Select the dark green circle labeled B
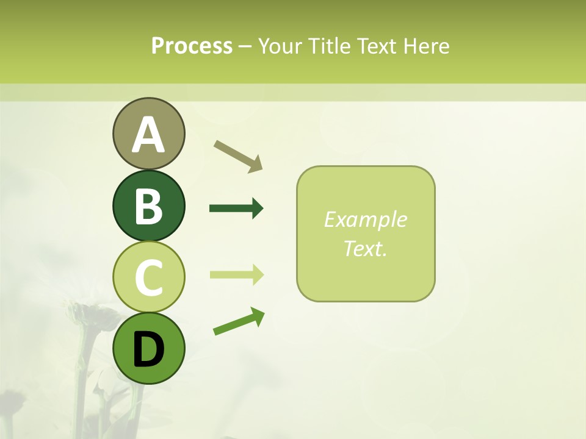[148, 205]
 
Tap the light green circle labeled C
[148, 277]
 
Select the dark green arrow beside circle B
[236, 209]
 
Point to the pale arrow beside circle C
[236, 274]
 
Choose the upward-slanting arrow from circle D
[239, 321]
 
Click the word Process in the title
[192, 46]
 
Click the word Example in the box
[365, 220]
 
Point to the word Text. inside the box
[365, 248]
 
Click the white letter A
[148, 135]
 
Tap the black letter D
[148, 350]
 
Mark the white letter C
[148, 277]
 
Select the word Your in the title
[281, 46]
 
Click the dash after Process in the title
[245, 46]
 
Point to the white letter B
[148, 206]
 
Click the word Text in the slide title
[377, 46]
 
